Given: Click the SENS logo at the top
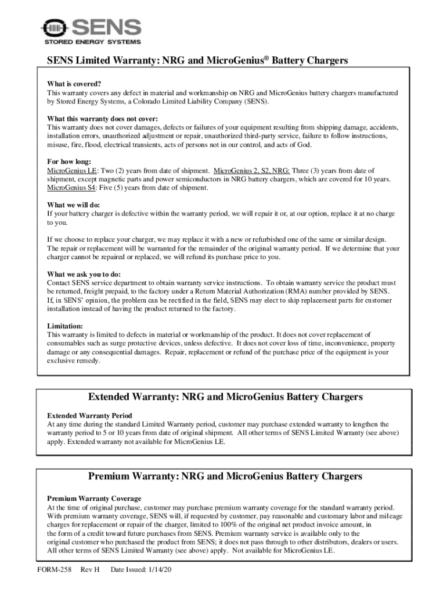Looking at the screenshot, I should coord(91,27).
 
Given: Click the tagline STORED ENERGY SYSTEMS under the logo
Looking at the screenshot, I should coord(91,42).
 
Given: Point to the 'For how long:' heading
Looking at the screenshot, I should coord(68,162).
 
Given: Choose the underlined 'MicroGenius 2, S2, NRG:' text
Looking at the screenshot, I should coord(252,171).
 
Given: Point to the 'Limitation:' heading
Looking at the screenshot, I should coord(64,326).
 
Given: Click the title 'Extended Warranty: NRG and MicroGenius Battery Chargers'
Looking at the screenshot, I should coord(225,397).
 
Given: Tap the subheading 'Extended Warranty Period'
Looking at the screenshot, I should coord(89,415).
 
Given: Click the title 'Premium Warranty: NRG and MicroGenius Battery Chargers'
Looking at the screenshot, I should coord(225,476).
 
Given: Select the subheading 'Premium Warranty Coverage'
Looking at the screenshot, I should coord(93,499).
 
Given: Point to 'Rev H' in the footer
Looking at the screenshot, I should coord(91,570).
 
